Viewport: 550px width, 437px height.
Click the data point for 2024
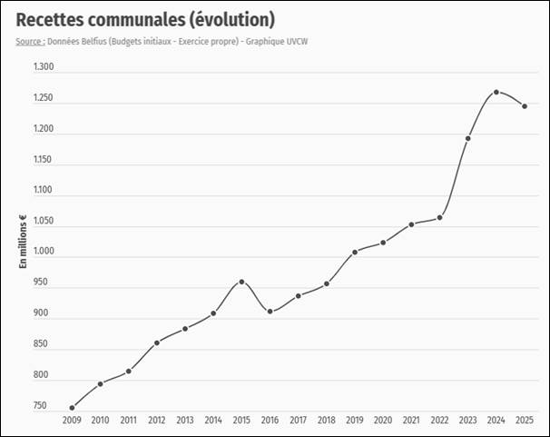coord(496,92)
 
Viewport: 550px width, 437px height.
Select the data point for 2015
coord(241,282)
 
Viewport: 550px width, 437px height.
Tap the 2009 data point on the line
coord(72,408)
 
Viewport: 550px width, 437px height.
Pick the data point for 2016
coord(270,312)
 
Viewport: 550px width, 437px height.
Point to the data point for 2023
coord(467,139)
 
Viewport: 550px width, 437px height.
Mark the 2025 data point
coord(524,106)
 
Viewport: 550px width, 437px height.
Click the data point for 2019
coord(354,252)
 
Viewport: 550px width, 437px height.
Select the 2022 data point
coord(439,217)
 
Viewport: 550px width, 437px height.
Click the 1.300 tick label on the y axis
coord(44,67)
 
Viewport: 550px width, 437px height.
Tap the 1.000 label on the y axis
coord(44,252)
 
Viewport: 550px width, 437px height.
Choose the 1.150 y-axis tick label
coord(44,160)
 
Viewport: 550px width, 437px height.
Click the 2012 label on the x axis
coord(156,421)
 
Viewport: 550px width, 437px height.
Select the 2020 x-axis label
coord(382,421)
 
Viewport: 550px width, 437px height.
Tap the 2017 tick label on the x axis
coord(298,421)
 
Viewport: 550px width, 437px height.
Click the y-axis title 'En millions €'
coord(23,241)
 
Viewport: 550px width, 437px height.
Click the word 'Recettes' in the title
coord(55,19)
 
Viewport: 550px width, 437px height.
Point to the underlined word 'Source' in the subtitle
coord(29,41)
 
